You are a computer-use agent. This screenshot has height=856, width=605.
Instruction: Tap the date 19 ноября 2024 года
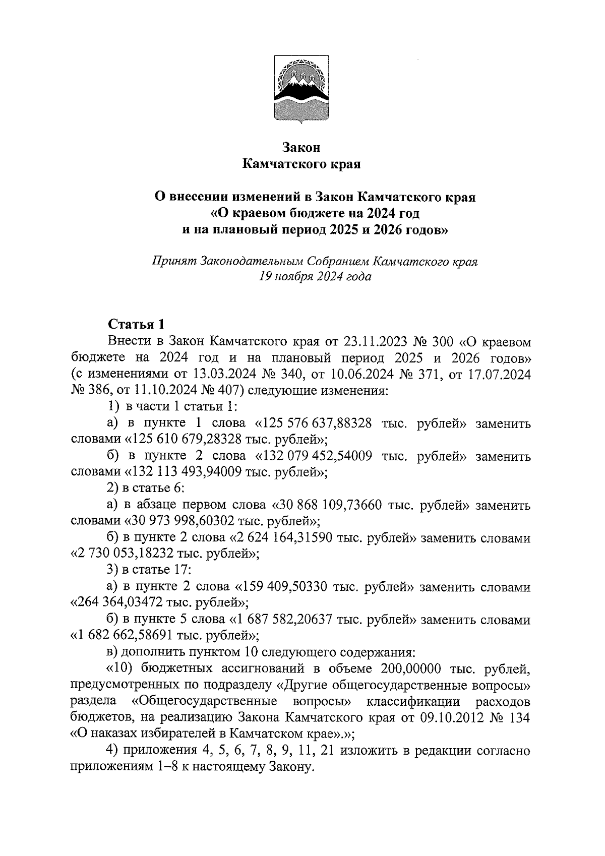(316, 277)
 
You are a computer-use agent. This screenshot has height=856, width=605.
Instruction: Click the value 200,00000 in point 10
(409, 669)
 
